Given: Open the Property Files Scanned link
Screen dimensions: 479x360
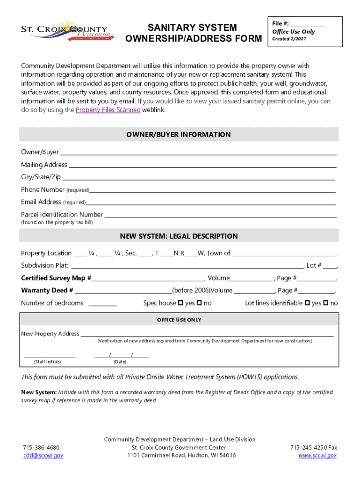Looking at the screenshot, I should coord(108,110).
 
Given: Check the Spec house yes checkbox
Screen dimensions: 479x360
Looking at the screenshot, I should coord(181,303).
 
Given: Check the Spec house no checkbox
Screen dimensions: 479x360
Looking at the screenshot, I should coord(199,303).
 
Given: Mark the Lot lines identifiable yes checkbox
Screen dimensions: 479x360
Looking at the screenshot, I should coord(307,303).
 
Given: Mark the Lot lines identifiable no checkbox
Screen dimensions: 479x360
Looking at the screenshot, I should coord(326,303).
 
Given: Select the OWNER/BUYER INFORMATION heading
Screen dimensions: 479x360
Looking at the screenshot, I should coord(178,135).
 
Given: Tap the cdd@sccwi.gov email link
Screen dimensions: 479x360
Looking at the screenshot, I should coord(43,455).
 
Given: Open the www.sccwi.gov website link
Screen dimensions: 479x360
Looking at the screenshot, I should coord(317,455).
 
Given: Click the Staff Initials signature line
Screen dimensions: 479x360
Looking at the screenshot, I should coord(50,356).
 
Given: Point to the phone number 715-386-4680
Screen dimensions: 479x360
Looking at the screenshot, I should coord(41,447).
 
